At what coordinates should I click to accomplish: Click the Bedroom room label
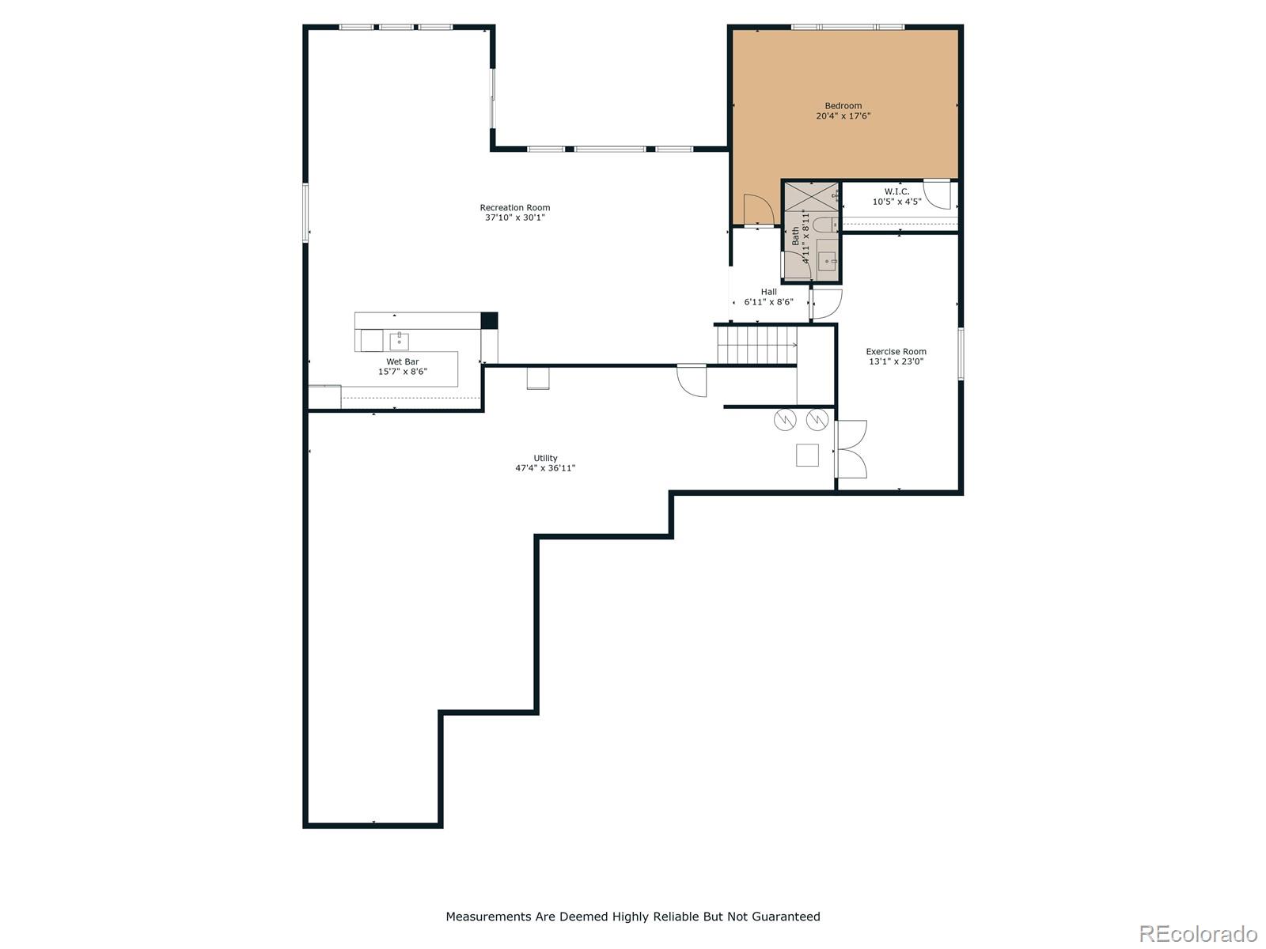click(x=843, y=105)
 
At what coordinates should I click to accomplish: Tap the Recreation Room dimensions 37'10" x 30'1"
click(x=514, y=217)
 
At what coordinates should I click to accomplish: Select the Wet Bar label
click(x=403, y=361)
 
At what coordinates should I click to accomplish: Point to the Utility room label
click(x=545, y=458)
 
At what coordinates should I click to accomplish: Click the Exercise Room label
click(x=896, y=351)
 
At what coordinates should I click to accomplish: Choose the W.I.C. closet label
click(x=896, y=191)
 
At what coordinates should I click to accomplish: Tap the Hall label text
click(x=768, y=292)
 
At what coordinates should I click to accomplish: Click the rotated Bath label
click(x=795, y=236)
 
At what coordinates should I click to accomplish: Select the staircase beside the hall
click(x=756, y=345)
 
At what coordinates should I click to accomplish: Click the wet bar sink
click(x=399, y=341)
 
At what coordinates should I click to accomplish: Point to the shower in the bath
click(x=811, y=197)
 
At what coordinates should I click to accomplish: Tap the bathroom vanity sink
click(x=827, y=261)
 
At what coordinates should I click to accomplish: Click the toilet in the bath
click(x=826, y=224)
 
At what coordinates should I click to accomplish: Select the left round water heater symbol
click(x=784, y=419)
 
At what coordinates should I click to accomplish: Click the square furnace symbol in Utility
click(x=807, y=456)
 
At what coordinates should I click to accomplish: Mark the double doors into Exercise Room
click(x=851, y=449)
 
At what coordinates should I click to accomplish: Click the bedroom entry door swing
click(x=758, y=210)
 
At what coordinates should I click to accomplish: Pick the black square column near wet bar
click(x=489, y=320)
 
